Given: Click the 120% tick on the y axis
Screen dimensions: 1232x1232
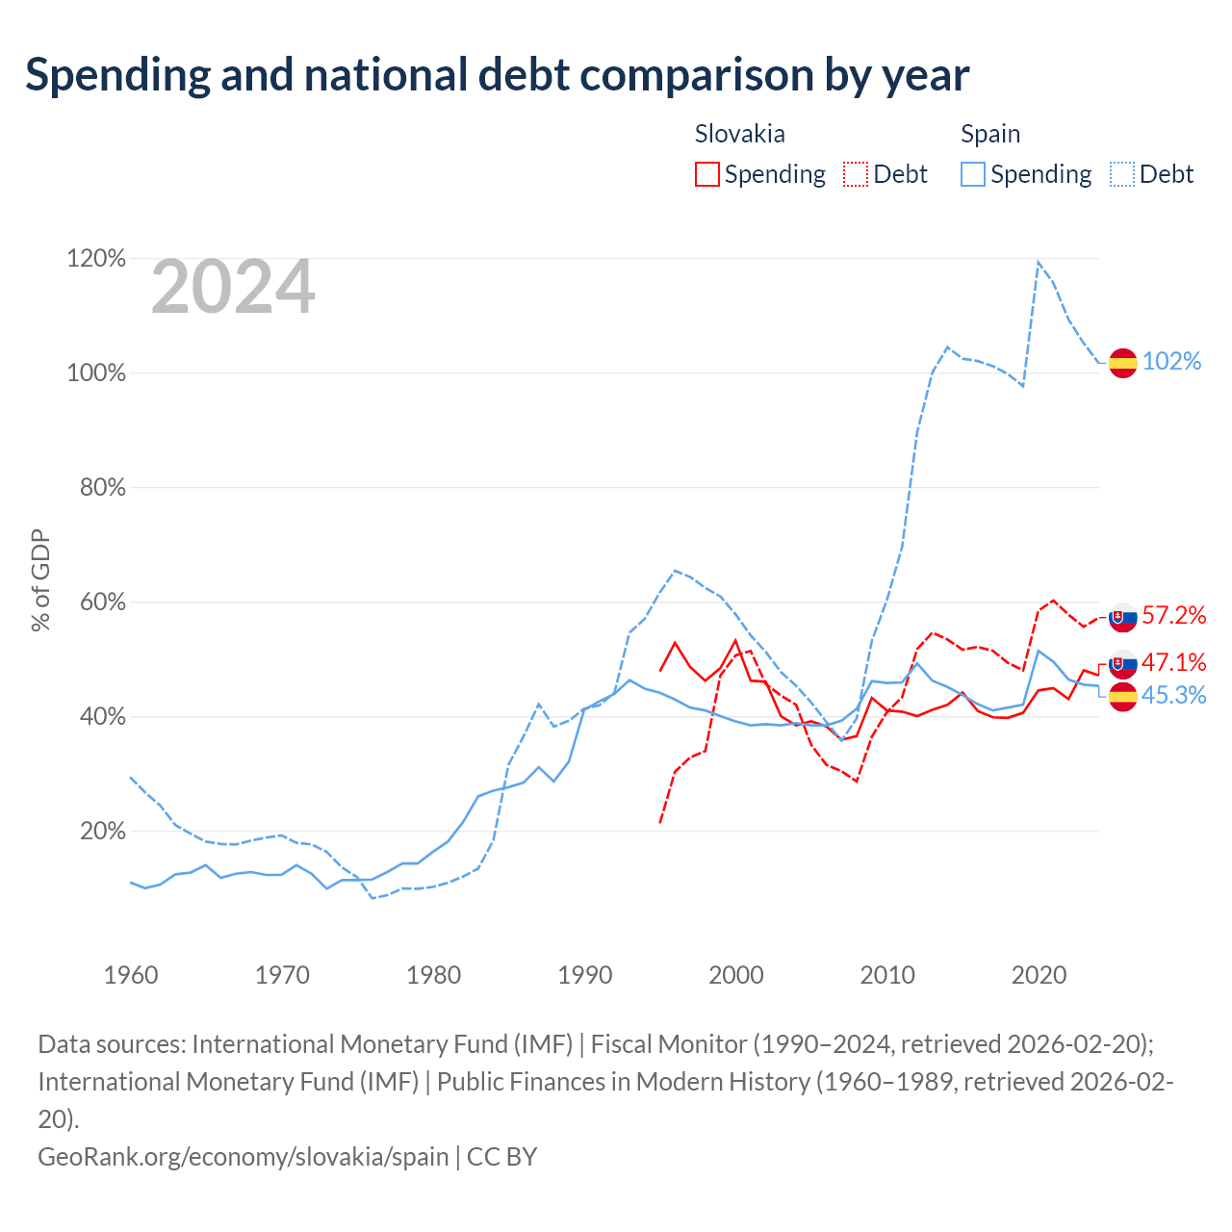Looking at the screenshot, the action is pyautogui.click(x=96, y=258).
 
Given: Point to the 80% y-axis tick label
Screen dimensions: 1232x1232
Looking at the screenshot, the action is pyautogui.click(x=102, y=487).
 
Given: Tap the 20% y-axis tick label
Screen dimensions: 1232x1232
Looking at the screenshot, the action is pyautogui.click(x=102, y=831).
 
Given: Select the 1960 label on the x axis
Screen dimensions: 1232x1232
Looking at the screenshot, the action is pyautogui.click(x=131, y=974).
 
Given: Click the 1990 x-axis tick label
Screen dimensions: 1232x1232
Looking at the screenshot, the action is pyautogui.click(x=584, y=974).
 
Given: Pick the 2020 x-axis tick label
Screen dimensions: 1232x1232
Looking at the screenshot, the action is pyautogui.click(x=1039, y=974).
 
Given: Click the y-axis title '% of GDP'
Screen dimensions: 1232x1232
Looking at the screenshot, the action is pyautogui.click(x=40, y=579).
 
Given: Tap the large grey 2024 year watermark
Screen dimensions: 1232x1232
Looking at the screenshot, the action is pyautogui.click(x=233, y=286).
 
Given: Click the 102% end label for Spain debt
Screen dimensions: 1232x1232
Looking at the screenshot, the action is pyautogui.click(x=1171, y=361).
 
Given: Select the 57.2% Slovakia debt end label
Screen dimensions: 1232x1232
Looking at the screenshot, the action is pyautogui.click(x=1173, y=615).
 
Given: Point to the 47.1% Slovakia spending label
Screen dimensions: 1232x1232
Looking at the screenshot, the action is pyautogui.click(x=1173, y=662).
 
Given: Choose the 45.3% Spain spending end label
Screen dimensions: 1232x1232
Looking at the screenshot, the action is pyautogui.click(x=1173, y=695).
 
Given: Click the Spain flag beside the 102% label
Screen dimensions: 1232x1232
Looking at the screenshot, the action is pyautogui.click(x=1122, y=363).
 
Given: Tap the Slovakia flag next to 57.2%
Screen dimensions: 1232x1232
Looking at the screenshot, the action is pyautogui.click(x=1122, y=618).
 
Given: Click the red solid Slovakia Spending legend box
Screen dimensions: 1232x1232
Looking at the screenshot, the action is pyautogui.click(x=707, y=174).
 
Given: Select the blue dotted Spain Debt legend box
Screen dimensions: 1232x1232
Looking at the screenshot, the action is pyautogui.click(x=1122, y=174).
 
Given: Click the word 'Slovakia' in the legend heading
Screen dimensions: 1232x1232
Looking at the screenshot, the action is pyautogui.click(x=740, y=134).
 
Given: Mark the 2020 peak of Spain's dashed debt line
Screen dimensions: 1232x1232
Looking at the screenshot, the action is pyautogui.click(x=1039, y=262).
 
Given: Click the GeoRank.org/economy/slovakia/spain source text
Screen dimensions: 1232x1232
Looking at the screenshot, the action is pyautogui.click(x=244, y=1157).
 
